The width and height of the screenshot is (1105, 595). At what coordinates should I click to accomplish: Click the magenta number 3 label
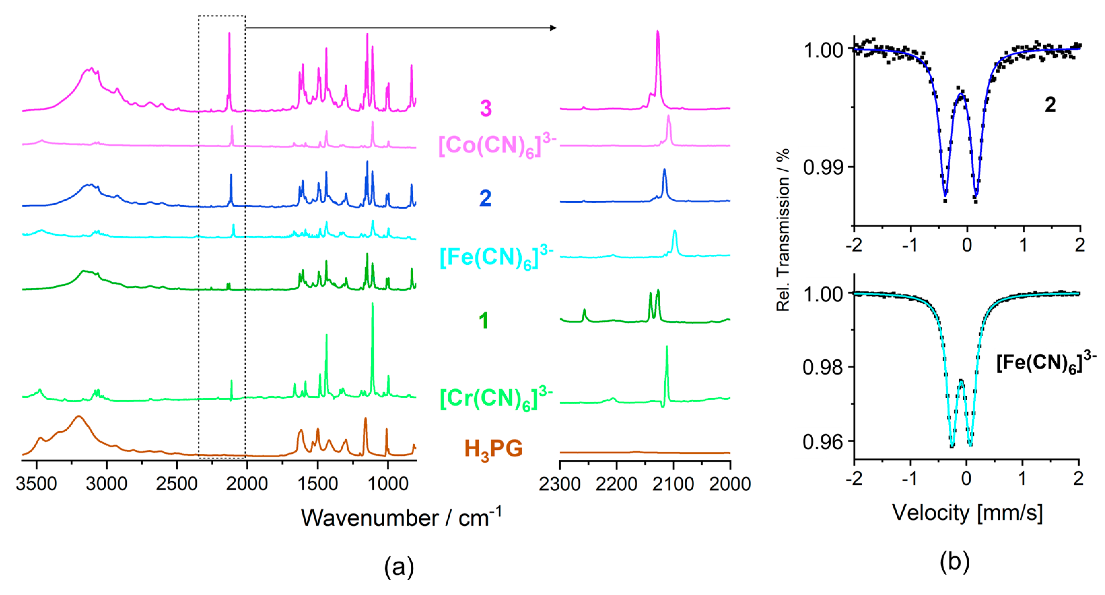486,108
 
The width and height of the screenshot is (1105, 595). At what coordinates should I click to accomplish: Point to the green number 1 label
484,321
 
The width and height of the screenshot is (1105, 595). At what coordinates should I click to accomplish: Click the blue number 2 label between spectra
485,198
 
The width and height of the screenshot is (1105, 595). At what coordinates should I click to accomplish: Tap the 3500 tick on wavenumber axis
36,483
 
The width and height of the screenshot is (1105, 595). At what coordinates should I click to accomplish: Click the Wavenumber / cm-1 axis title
401,517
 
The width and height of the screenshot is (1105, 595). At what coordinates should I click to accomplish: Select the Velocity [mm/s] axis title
967,513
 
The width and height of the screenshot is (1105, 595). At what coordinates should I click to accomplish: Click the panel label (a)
399,567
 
